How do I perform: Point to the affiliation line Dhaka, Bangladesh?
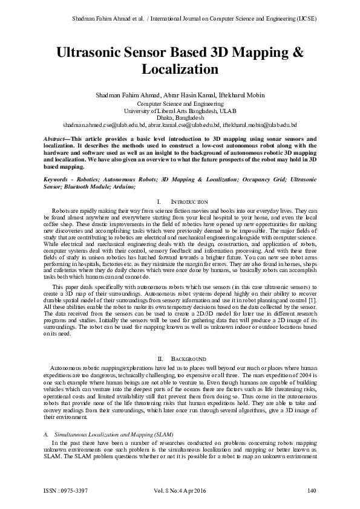[x=180, y=118]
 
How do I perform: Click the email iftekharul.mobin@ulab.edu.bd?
[x=260, y=125]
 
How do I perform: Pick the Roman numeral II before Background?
[x=159, y=359]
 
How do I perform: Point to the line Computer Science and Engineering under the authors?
[x=180, y=104]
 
